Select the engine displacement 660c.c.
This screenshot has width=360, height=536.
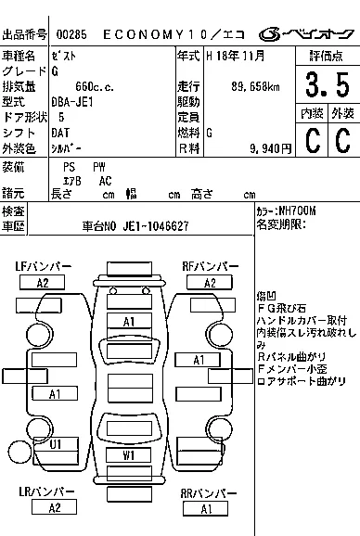pos(77,86)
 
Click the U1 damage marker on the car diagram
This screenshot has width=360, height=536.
pos(55,444)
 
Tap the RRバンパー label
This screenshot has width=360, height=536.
pos(205,492)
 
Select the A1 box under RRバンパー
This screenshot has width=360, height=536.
pos(205,508)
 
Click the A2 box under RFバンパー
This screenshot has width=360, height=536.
pos(210,283)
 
